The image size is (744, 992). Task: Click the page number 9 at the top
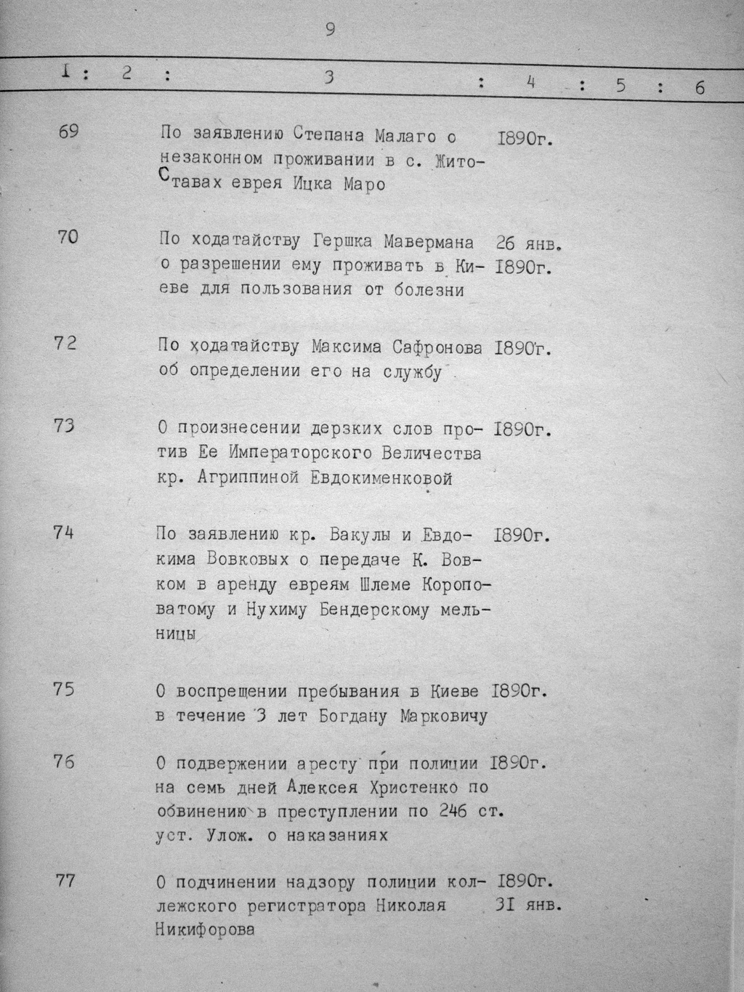(331, 30)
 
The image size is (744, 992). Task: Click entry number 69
(69, 132)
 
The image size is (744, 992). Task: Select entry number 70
(67, 237)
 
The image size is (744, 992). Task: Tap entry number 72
(65, 343)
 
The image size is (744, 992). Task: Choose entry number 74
(64, 532)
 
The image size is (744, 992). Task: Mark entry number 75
(64, 688)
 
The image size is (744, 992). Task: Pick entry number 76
(64, 762)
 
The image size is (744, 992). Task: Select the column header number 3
(329, 77)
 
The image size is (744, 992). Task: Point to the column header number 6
(700, 88)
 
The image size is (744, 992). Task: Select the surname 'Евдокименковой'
(381, 478)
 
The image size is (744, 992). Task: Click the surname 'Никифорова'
(205, 929)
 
